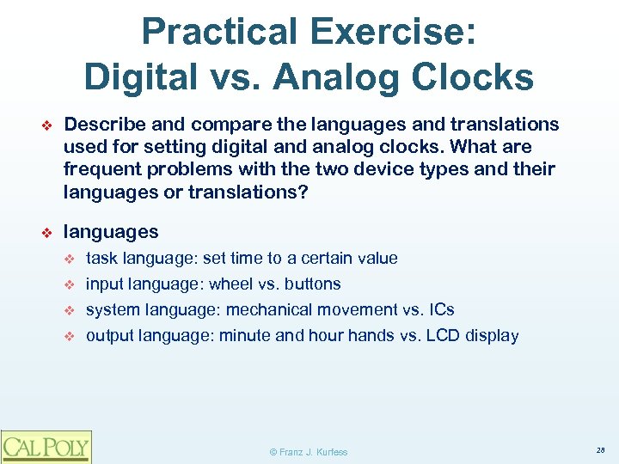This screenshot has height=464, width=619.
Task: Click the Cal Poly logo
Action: [x=46, y=446]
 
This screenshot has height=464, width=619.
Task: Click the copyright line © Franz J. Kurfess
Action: [x=309, y=452]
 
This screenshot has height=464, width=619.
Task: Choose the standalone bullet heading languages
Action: [x=111, y=232]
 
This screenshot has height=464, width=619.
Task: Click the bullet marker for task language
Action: [x=71, y=259]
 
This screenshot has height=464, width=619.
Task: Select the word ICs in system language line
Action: [x=439, y=309]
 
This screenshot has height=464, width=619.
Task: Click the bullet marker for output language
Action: [x=71, y=336]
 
